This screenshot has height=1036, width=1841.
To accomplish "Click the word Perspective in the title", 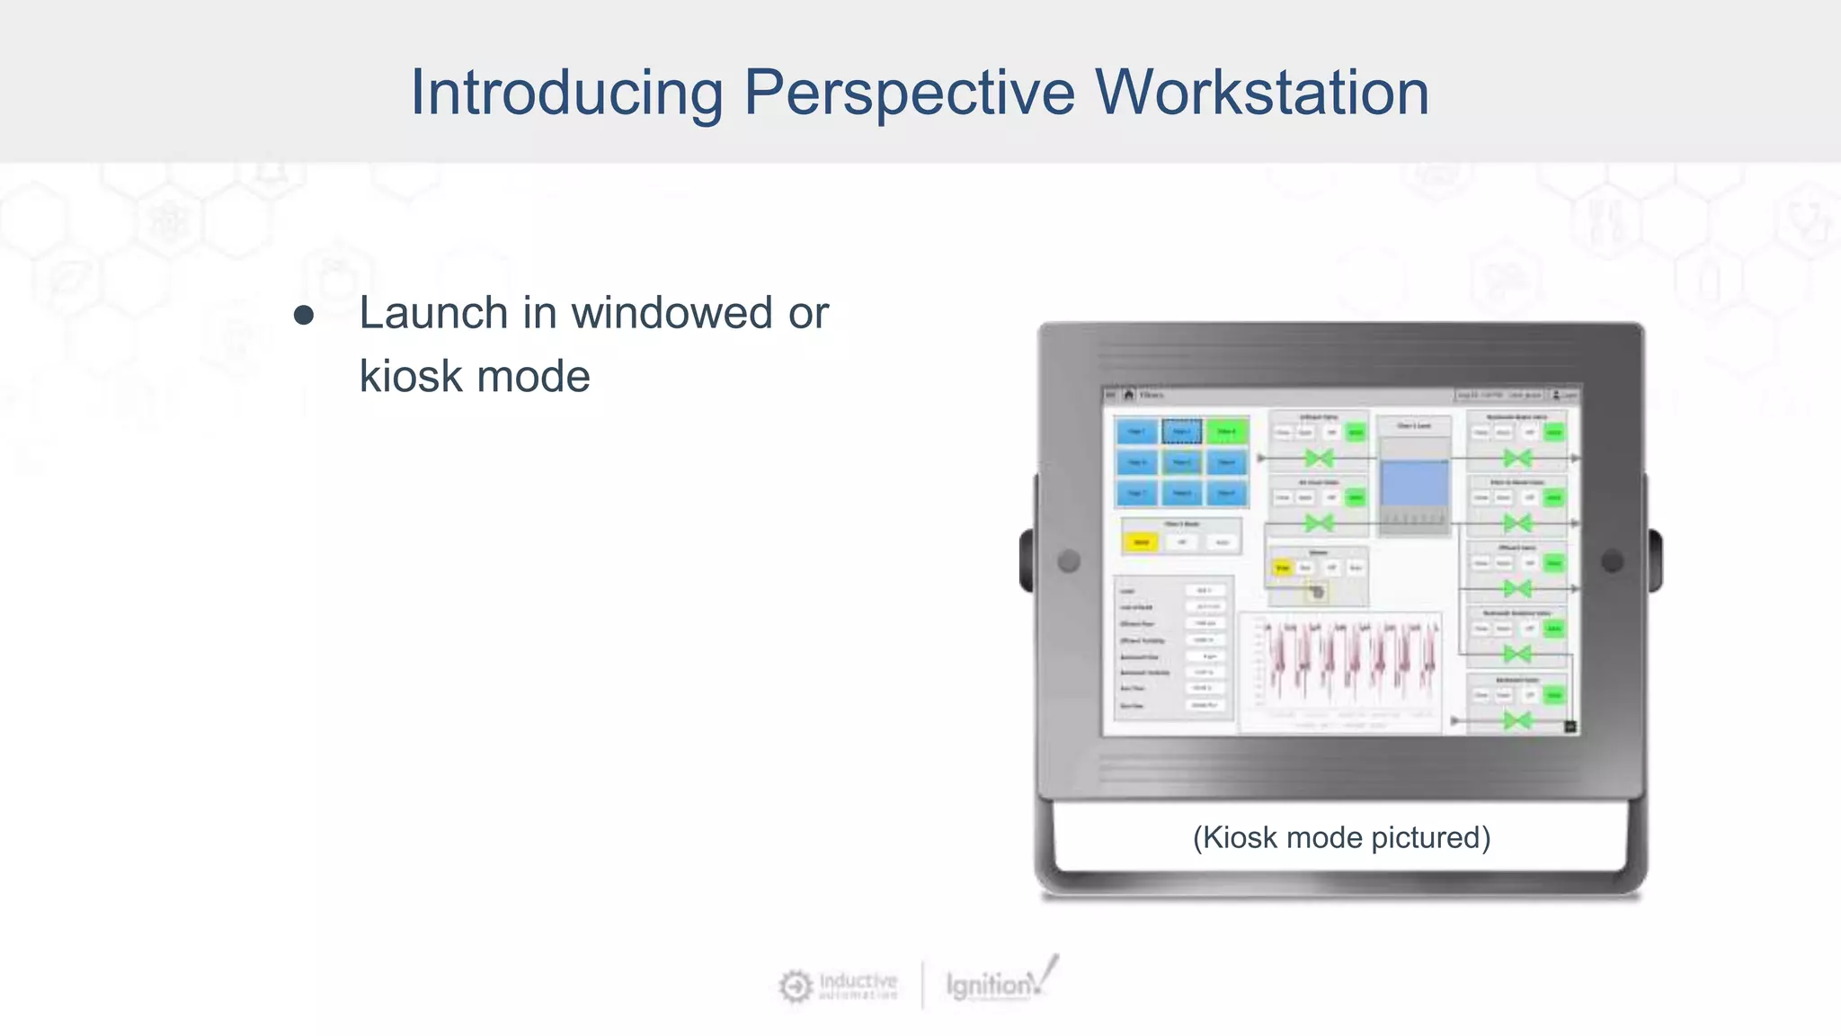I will tap(909, 93).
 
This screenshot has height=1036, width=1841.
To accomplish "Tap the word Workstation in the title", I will tap(1261, 93).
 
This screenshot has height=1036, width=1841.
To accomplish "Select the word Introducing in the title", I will tap(566, 93).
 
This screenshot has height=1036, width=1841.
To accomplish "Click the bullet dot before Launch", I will tap(304, 316).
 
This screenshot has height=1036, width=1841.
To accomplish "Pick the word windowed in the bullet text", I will tap(671, 313).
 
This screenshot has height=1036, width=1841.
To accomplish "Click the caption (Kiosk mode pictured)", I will tap(1341, 837).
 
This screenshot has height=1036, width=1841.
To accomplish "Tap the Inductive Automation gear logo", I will tap(795, 987).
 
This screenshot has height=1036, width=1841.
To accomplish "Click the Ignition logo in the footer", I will tap(998, 983).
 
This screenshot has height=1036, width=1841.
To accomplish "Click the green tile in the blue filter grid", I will tap(1226, 432).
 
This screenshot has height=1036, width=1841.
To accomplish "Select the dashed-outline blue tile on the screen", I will tap(1181, 432).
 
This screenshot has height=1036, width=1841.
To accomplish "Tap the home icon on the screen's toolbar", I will tap(1129, 395).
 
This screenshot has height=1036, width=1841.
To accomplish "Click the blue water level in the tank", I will tap(1414, 484).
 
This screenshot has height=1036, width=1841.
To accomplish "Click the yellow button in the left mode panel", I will tap(1141, 542).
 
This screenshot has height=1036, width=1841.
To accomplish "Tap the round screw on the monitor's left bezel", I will tap(1069, 561).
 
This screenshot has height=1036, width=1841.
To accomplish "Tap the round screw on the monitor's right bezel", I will tap(1613, 561).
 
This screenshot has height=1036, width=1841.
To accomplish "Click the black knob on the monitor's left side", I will tap(1027, 561).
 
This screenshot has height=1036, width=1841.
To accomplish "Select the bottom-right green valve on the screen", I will tap(1517, 720).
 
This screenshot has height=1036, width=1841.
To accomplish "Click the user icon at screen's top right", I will tap(1557, 395).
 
